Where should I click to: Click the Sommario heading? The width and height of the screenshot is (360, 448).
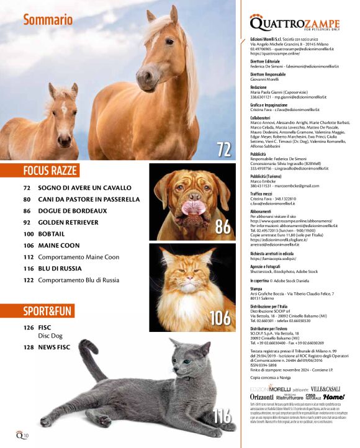pyautogui.click(x=48, y=20)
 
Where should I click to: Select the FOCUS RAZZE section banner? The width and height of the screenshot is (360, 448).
pyautogui.click(x=47, y=170)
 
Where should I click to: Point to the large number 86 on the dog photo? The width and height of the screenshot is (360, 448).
pyautogui.click(x=222, y=227)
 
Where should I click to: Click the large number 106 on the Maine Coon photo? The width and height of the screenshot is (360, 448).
pyautogui.click(x=219, y=318)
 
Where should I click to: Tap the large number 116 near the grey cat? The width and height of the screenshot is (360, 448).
pyautogui.click(x=222, y=416)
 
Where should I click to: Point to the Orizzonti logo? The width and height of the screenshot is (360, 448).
pyautogui.click(x=262, y=396)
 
